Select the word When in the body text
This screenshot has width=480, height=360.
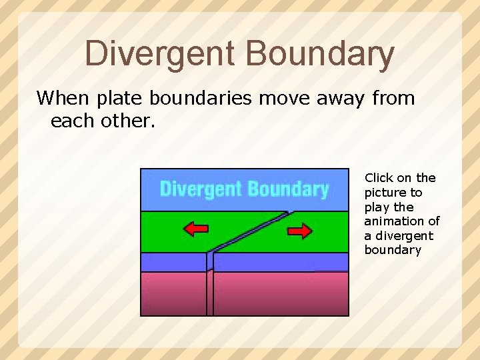[63, 99]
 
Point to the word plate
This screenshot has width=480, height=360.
[120, 99]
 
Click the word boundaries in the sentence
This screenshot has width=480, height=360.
[201, 99]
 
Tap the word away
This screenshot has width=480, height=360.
[339, 99]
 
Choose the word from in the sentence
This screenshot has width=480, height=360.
[393, 99]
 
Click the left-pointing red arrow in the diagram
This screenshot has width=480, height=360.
[195, 230]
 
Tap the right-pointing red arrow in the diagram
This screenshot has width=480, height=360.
[299, 231]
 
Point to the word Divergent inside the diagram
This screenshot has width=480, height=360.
[201, 189]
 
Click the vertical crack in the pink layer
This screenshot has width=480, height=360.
[210, 293]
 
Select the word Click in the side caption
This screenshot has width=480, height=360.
[379, 178]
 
